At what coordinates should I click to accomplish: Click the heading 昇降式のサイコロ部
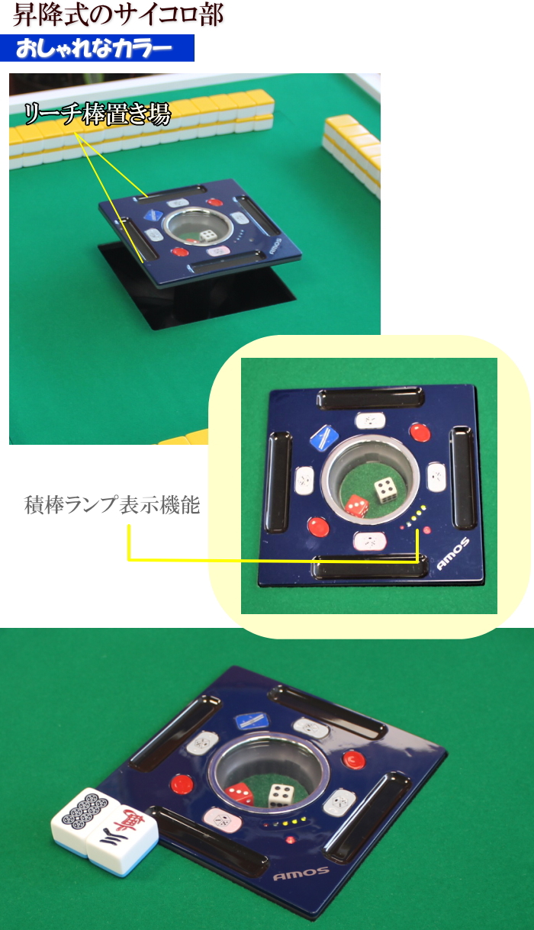[118, 15]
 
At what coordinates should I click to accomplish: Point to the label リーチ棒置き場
[97, 114]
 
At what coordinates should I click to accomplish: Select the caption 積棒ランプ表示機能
[112, 506]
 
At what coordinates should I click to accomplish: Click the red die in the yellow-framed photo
[356, 505]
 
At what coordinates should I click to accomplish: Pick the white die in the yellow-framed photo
[384, 489]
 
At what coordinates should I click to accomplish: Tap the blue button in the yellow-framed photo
[324, 437]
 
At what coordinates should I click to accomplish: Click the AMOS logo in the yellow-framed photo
[452, 555]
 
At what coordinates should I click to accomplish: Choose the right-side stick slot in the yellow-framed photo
[463, 478]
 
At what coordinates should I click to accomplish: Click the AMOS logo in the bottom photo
[301, 873]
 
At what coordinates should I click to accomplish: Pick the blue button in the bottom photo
[250, 719]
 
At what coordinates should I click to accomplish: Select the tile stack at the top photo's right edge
[352, 153]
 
